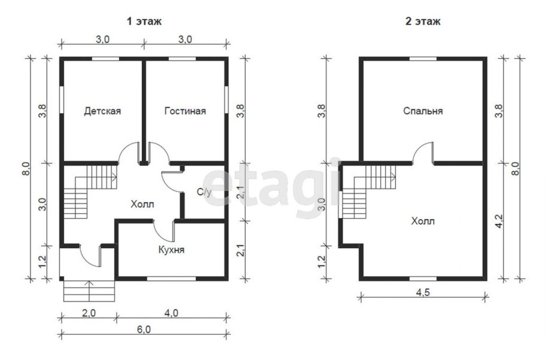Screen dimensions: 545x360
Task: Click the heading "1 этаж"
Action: point(144,22)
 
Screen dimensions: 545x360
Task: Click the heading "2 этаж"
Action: point(423,22)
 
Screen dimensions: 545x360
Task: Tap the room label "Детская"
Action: point(102,111)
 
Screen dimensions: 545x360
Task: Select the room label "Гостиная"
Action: point(185,111)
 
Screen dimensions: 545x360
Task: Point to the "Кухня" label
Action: point(171,250)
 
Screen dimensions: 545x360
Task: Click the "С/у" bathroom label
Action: point(204,192)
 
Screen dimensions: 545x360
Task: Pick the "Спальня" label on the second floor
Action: point(423,111)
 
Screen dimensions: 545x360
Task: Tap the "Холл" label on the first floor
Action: point(142,204)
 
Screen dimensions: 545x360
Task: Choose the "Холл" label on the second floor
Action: point(423,222)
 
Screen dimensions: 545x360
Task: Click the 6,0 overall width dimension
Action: point(144,329)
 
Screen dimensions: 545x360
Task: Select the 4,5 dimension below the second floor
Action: point(423,292)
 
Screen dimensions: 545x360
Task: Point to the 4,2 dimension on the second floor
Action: point(499,222)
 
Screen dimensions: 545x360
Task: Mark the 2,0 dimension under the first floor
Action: point(89,313)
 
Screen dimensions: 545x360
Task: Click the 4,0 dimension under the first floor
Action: point(171,313)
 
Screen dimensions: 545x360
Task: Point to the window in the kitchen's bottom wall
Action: point(171,279)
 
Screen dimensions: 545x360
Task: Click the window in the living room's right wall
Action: point(226,99)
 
